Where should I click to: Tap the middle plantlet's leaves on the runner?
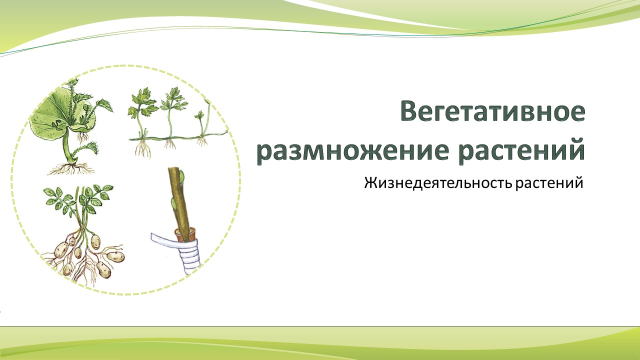[173, 100]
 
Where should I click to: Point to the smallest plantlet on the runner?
[200, 116]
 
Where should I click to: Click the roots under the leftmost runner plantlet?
[143, 148]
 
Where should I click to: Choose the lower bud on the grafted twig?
[173, 203]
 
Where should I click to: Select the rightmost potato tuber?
[115, 256]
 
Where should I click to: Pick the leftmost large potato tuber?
[61, 249]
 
